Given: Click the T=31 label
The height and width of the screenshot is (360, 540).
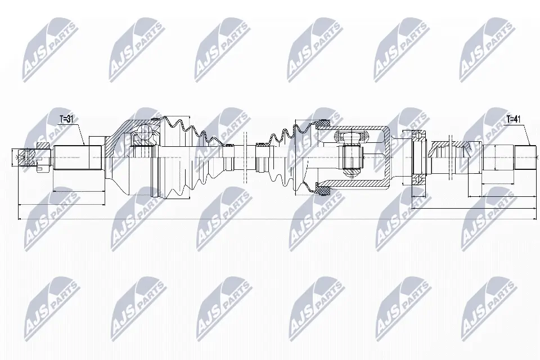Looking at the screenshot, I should coord(67,119).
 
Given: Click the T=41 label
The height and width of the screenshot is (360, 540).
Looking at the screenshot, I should coord(513,119).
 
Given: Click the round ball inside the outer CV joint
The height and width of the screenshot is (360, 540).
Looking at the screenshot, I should coord(146,133).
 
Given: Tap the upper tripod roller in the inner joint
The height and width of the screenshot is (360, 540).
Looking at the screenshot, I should coord(350,136).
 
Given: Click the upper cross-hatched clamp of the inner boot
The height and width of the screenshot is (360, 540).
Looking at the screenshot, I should coord(323,123).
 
